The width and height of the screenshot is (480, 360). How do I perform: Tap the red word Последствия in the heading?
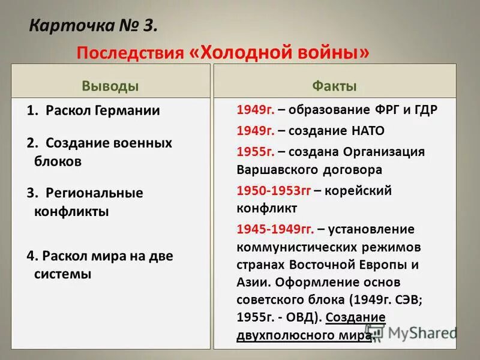[x=130, y=53]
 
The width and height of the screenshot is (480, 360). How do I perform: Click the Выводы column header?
[x=110, y=86]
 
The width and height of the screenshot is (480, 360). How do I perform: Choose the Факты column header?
[x=334, y=86]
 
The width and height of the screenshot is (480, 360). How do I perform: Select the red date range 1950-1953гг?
[x=273, y=191]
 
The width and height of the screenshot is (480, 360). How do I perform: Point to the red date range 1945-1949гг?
[x=275, y=229]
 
